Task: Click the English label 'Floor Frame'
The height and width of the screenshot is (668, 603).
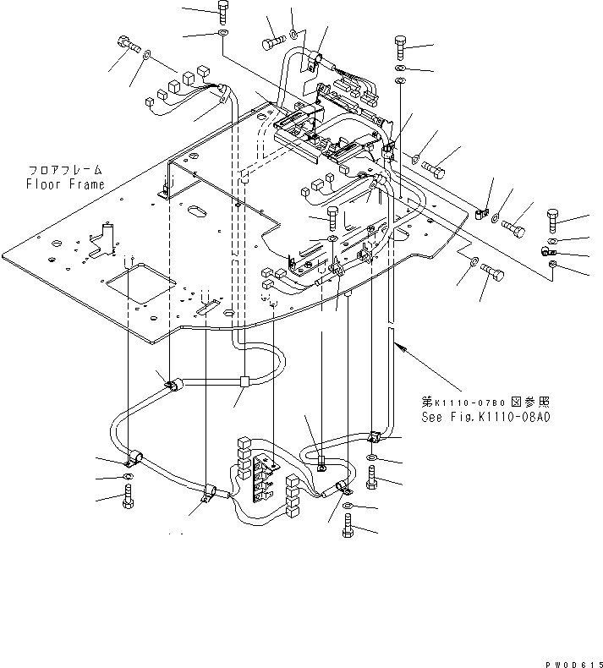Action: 65,183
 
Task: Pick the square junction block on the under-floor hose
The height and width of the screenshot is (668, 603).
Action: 243,381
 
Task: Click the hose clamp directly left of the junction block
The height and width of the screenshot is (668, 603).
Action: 172,386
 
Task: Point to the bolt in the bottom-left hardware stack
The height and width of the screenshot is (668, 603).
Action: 128,499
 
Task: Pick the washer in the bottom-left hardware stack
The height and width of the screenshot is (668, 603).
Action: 128,479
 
